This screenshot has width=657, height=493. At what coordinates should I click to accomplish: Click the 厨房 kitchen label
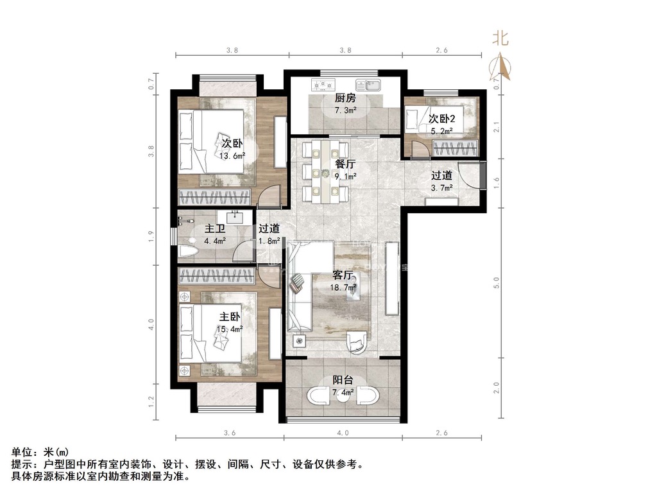click(345, 98)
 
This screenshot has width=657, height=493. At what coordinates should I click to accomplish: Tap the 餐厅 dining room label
click(346, 164)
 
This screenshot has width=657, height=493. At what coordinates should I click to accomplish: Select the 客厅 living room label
click(343, 275)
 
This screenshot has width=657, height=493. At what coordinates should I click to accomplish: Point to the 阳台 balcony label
click(343, 380)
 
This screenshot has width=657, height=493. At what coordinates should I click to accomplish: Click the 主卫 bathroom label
click(215, 229)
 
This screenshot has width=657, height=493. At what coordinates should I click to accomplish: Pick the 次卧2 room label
click(441, 119)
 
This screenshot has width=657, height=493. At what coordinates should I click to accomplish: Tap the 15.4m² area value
click(230, 329)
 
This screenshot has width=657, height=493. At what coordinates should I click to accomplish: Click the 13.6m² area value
click(232, 156)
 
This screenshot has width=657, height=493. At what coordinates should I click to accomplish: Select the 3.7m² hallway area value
click(441, 188)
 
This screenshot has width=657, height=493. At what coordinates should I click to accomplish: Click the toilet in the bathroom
click(187, 252)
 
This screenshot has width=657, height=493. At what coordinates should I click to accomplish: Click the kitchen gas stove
click(322, 85)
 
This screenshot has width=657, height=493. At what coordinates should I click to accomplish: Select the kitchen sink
click(368, 85)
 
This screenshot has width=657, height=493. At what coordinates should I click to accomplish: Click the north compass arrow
click(500, 66)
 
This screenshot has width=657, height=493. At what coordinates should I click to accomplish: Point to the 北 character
click(500, 39)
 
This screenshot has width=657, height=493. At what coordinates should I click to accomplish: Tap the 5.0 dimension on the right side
click(497, 283)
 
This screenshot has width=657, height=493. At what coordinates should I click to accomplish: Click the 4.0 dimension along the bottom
click(343, 433)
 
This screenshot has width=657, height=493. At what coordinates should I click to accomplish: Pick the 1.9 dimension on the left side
click(151, 236)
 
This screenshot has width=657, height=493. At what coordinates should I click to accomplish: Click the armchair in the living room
click(359, 342)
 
